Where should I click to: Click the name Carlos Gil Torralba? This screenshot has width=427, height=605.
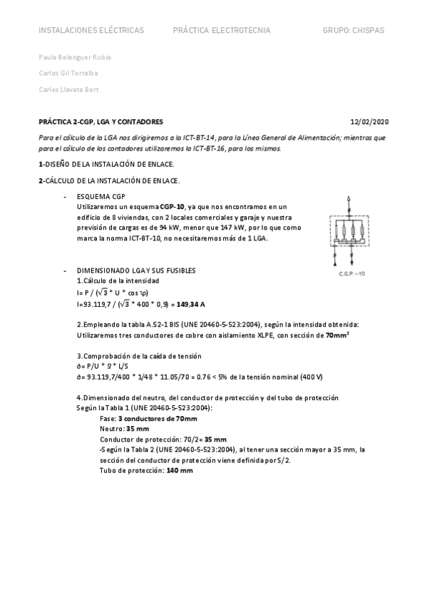click(x=68, y=73)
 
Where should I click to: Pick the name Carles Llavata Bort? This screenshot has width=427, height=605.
click(x=68, y=89)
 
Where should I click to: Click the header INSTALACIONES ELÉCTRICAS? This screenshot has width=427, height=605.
click(x=91, y=31)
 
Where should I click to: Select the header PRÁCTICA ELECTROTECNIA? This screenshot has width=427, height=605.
click(x=222, y=31)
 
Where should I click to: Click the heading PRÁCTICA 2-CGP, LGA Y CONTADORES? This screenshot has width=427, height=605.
click(x=101, y=122)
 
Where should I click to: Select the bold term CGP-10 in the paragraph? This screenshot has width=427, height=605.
click(x=172, y=206)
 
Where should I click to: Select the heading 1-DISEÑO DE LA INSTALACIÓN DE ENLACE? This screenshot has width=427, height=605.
click(x=93, y=165)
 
